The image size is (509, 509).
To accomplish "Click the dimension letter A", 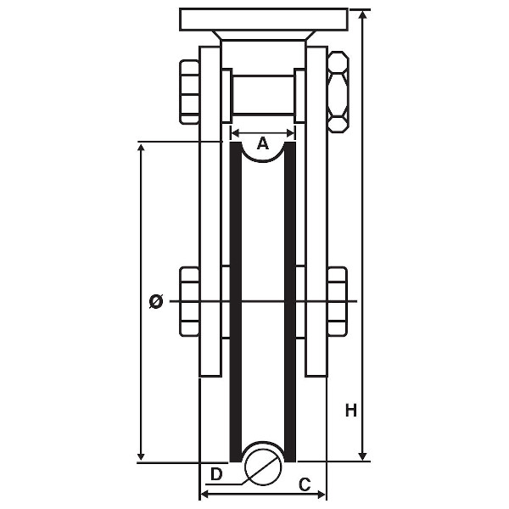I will (263, 144).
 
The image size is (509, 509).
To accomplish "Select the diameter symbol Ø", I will (156, 301).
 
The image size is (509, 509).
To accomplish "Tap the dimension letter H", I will (350, 411).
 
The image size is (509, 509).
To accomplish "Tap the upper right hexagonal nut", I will (338, 92).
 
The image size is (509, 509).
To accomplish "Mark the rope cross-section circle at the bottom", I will (263, 463).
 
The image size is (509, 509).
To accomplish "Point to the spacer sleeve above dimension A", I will (263, 94).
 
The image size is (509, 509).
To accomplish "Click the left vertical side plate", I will (210, 212).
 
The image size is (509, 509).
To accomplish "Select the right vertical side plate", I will (316, 212).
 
